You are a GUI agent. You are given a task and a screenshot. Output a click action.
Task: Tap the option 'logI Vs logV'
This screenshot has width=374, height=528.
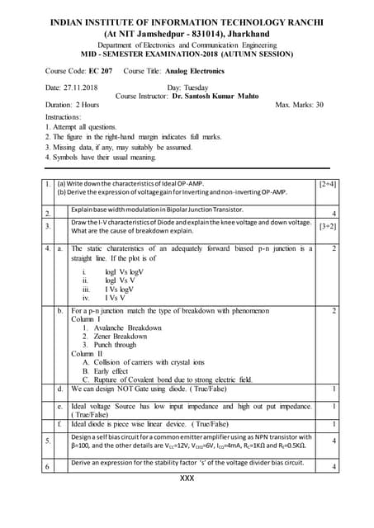124,271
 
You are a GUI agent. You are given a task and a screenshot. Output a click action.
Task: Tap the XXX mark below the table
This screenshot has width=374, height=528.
187,478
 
